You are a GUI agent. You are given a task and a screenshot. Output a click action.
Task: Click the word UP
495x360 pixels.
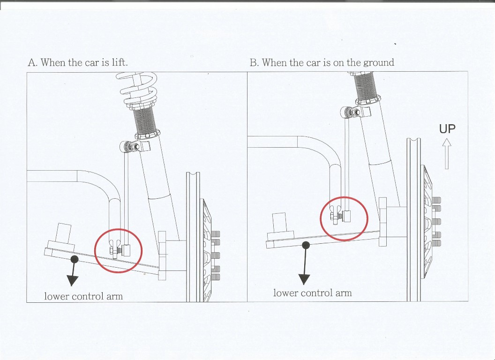point(447,129)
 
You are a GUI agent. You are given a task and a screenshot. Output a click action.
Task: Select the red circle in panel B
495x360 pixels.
point(321,218)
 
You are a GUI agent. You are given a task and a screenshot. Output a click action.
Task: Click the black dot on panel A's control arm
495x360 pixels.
point(75,259)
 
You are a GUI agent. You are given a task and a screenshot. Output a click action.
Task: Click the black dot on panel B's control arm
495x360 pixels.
point(306,245)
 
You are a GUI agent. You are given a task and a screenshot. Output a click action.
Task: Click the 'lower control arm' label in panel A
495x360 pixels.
point(83,296)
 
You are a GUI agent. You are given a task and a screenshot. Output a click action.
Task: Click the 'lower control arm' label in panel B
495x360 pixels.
point(312,293)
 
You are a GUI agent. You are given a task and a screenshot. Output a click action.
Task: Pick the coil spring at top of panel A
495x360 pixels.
point(139,90)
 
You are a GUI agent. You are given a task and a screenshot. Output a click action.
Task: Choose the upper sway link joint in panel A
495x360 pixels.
point(130,147)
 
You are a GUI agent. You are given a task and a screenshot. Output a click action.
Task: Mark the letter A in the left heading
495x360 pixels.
point(31,62)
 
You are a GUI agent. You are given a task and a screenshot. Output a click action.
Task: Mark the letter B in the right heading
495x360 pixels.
point(254,62)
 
